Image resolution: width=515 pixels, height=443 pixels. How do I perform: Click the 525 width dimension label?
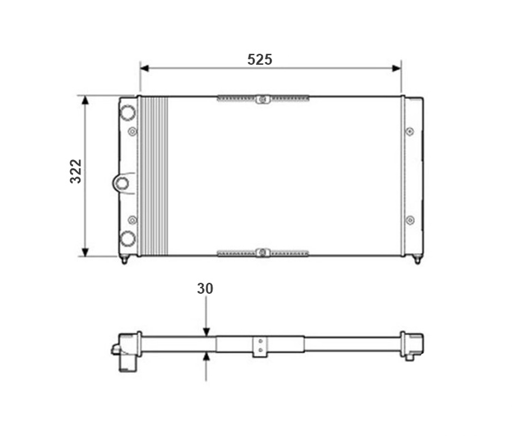pos(260,59)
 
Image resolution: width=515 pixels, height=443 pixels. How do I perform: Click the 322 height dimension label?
pos(76,171)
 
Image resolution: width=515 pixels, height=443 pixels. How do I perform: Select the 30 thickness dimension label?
pos(205,288)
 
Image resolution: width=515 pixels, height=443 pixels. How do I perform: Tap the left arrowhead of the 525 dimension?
pos(144,69)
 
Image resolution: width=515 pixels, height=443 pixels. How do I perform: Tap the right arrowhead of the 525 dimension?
pos(397,69)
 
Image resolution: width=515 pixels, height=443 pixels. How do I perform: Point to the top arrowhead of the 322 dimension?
pos(85,100)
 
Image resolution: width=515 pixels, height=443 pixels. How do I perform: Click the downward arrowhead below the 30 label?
pos(206,332)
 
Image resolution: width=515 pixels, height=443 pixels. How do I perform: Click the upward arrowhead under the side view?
pos(206,356)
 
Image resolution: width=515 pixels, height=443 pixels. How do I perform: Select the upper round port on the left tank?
pos(127,112)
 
